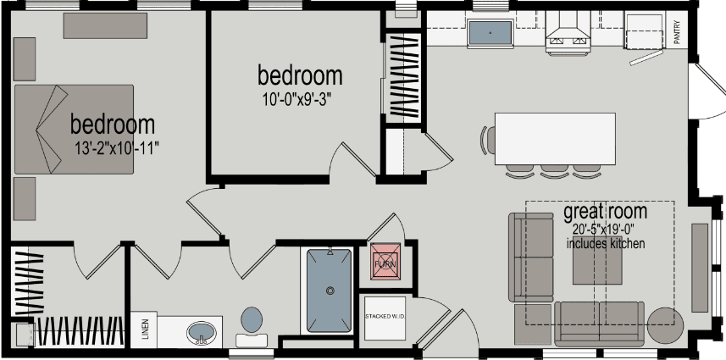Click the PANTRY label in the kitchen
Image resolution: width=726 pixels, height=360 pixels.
point(677,32)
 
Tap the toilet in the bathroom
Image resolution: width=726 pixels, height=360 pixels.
point(252,324)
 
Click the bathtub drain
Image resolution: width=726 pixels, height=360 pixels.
point(329,290)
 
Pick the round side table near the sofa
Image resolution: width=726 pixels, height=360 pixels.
point(666,325)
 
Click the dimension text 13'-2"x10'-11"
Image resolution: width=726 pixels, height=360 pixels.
point(117,147)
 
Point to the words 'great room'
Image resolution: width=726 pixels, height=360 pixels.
point(605,211)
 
